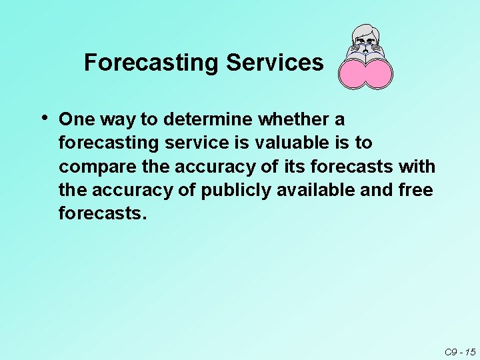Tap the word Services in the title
[x=275, y=63]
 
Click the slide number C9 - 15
[x=459, y=351]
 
